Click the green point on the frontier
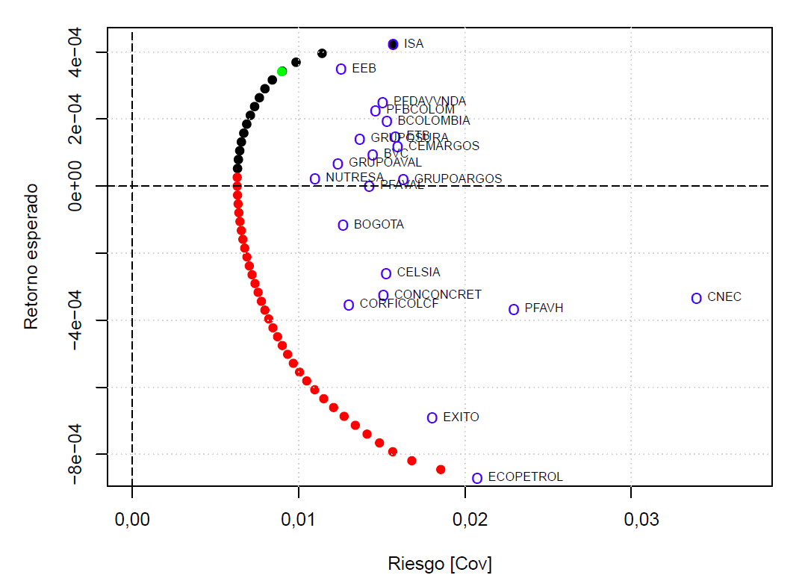pyautogui.click(x=282, y=71)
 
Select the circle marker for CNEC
pyautogui.click(x=697, y=298)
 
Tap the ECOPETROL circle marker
pyautogui.click(x=477, y=478)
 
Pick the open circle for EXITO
pyautogui.click(x=432, y=417)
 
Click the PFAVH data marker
pyautogui.click(x=514, y=309)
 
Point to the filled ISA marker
pyautogui.click(x=394, y=44)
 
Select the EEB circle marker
pyautogui.click(x=341, y=69)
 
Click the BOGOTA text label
pyautogui.click(x=379, y=225)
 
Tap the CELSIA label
pyautogui.click(x=418, y=273)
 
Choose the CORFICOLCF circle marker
pyautogui.click(x=349, y=305)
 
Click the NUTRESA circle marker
pyautogui.click(x=315, y=178)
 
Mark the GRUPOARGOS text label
pyautogui.click(x=458, y=179)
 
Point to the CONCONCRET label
pyautogui.click(x=438, y=295)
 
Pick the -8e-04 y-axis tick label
pyautogui.click(x=78, y=454)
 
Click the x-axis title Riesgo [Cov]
pyautogui.click(x=440, y=563)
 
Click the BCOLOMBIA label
pyautogui.click(x=434, y=121)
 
